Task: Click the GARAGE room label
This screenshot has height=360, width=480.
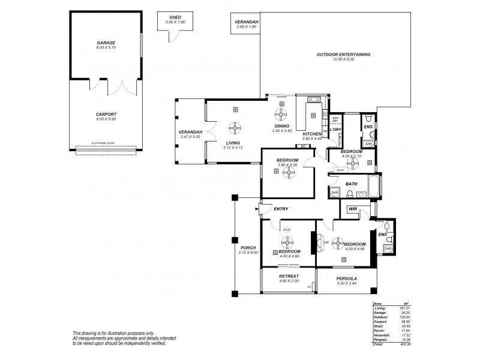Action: [x=106, y=43]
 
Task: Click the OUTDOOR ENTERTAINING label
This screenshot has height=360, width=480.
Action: [x=343, y=55]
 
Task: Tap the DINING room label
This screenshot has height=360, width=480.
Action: [x=281, y=126]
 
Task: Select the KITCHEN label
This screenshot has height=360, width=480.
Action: [x=312, y=134]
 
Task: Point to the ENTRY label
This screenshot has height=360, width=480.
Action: [x=281, y=209]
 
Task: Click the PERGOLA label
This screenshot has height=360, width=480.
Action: [x=347, y=278]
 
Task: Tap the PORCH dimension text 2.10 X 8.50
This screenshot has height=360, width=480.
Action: [x=247, y=253]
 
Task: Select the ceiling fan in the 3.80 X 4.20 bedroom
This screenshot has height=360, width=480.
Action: [x=289, y=171]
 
